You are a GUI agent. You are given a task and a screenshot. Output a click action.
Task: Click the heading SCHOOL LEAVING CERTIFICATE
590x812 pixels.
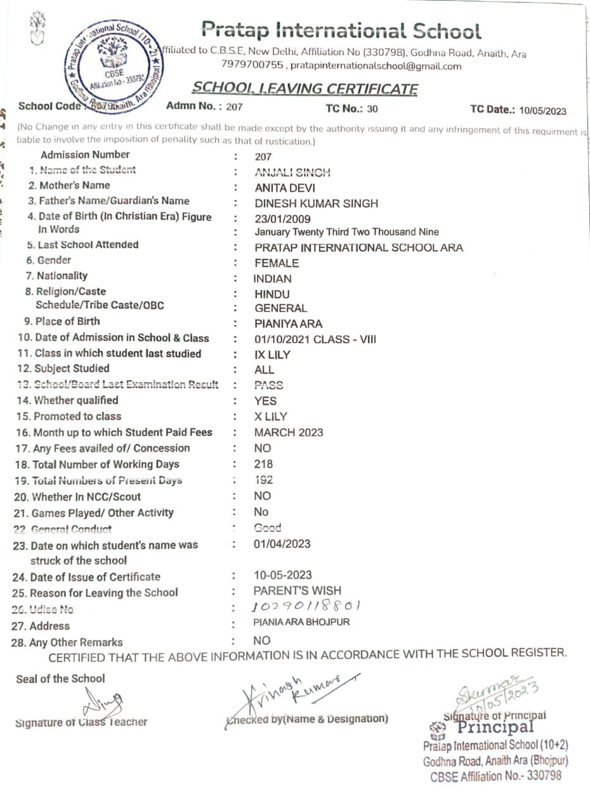305,89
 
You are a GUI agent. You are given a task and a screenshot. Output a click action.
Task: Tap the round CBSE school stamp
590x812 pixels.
114,67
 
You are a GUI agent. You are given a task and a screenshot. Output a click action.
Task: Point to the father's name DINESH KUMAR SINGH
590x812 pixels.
316,204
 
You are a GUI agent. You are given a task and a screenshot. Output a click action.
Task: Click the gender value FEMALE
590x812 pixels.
277,263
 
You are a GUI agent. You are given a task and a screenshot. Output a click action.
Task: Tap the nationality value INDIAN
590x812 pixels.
273,278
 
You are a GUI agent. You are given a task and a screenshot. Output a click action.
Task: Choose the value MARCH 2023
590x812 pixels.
289,433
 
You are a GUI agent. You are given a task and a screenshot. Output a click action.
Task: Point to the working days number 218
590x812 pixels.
263,464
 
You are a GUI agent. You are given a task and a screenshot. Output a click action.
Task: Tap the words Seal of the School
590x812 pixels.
60,679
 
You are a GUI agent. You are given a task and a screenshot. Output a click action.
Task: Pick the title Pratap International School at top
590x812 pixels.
341,30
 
